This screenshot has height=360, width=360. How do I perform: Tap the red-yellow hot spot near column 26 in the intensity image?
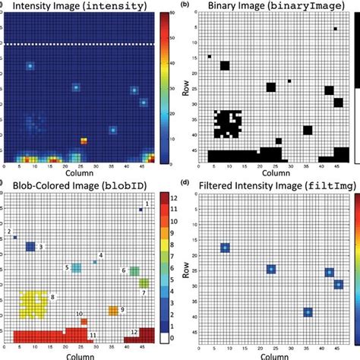[84, 141]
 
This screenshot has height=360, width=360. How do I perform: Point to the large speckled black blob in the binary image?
[227, 124]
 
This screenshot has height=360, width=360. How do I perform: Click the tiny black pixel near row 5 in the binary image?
[335, 30]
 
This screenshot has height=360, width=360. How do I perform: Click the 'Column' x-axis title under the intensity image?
[79, 175]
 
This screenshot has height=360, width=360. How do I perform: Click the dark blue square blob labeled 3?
[30, 247]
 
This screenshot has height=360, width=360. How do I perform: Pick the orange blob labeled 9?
[113, 311]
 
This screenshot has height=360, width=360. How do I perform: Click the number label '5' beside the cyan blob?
[67, 267]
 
